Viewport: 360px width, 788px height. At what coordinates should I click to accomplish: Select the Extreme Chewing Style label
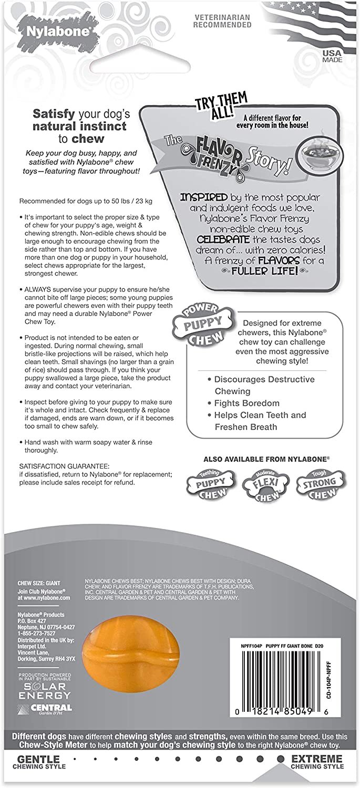[317, 763]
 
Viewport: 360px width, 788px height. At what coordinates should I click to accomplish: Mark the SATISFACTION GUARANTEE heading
[64, 466]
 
